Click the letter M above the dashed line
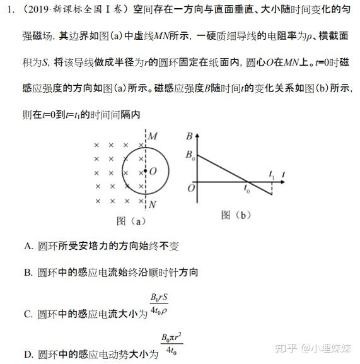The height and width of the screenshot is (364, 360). pos(153,136)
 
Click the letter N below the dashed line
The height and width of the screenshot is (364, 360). pos(153,204)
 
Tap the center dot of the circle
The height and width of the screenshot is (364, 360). pos(146,170)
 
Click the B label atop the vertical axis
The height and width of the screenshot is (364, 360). pos(189,136)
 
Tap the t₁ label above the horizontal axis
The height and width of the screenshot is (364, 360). pos(272,172)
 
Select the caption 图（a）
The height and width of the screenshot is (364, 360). pos(131,221)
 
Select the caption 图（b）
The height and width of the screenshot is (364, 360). pos(236,215)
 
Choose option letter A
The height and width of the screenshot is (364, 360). pos(28,246)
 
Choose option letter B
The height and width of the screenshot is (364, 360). pos(28,273)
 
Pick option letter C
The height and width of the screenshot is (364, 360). pos(28,314)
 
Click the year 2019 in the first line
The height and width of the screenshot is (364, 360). pos(48,9)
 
